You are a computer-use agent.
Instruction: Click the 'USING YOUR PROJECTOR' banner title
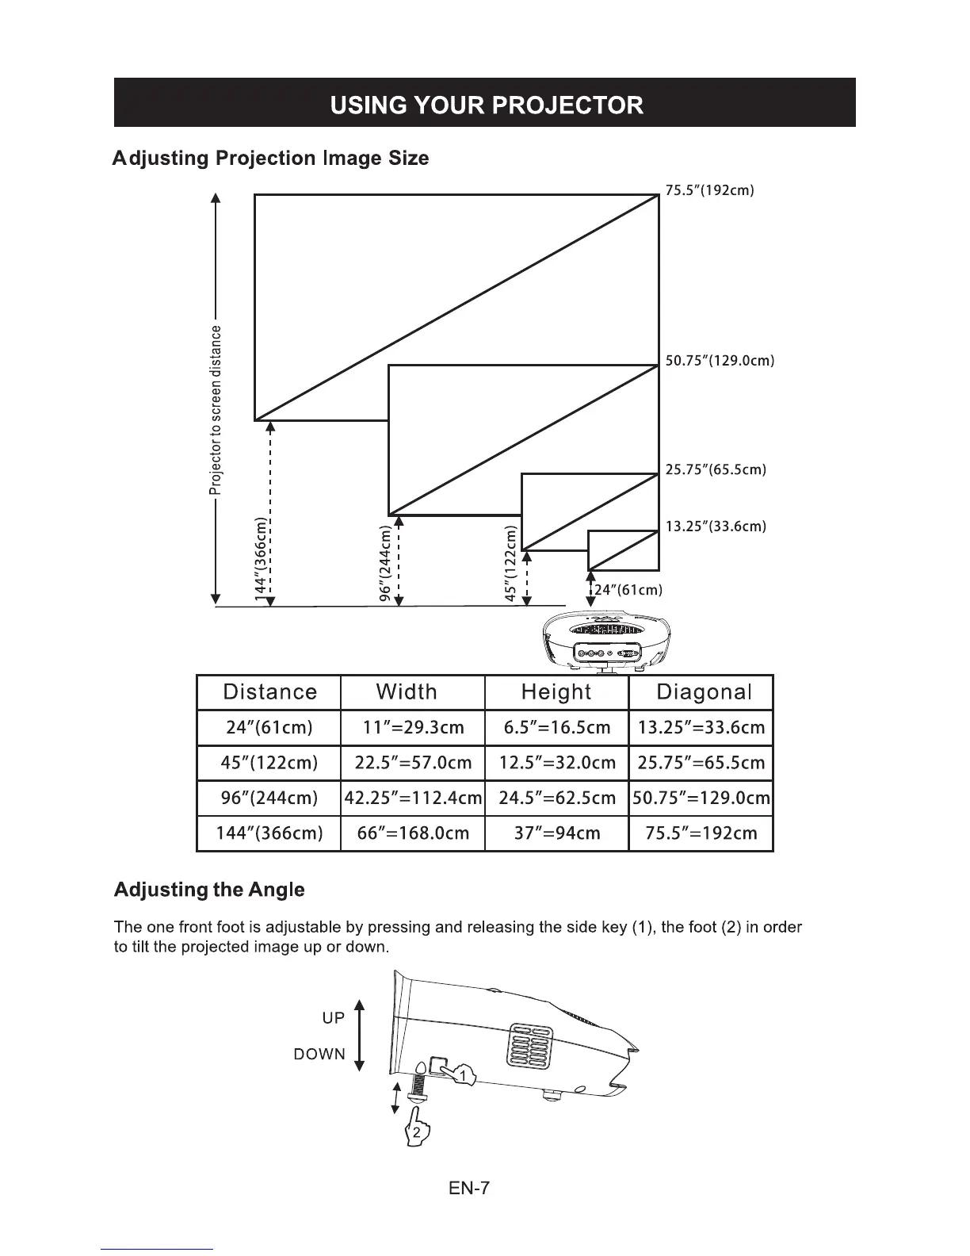486,105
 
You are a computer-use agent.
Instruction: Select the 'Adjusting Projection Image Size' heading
271,159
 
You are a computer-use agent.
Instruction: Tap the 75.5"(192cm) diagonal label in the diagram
709,190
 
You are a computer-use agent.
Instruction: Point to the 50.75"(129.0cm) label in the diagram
719,361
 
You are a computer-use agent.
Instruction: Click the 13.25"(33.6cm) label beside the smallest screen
715,527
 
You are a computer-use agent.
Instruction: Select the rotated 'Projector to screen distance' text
217,409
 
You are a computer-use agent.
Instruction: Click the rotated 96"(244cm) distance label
385,563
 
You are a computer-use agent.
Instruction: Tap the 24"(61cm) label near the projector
628,590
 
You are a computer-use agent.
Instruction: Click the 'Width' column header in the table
407,691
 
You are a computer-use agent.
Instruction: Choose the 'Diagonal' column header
703,692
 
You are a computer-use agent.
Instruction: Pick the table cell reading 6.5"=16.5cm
557,728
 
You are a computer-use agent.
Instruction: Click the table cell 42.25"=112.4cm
413,798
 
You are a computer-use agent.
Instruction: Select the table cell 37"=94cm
557,833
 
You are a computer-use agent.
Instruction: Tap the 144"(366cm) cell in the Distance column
269,833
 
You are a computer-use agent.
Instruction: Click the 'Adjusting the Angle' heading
209,890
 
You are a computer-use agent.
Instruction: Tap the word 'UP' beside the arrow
334,1018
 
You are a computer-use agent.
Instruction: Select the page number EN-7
469,1188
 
